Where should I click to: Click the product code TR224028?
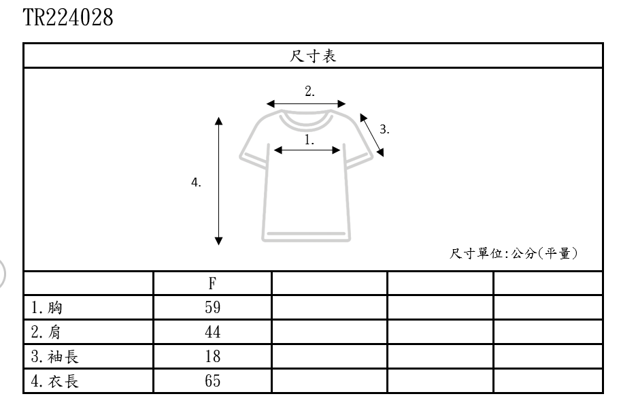tap(68, 17)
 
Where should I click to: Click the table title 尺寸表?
tap(313, 56)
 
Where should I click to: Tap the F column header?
tap(212, 284)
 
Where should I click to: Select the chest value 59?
tap(212, 308)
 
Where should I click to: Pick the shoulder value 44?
tap(212, 332)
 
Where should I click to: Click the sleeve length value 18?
tap(212, 357)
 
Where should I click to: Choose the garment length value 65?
tap(212, 381)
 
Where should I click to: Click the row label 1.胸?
tap(46, 308)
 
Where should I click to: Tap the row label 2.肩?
tap(46, 332)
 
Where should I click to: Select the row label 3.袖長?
tap(54, 357)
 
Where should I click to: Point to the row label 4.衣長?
tap(54, 381)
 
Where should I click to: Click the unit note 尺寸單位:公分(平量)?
tap(514, 254)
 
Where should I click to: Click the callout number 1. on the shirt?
tap(309, 140)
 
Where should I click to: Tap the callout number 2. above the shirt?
tap(309, 92)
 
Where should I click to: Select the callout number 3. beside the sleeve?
tap(384, 129)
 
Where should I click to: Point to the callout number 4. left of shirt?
tap(196, 182)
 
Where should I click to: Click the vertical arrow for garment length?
tap(218, 180)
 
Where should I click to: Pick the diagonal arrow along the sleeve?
tap(371, 136)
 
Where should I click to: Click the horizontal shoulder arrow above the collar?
tap(306, 104)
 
